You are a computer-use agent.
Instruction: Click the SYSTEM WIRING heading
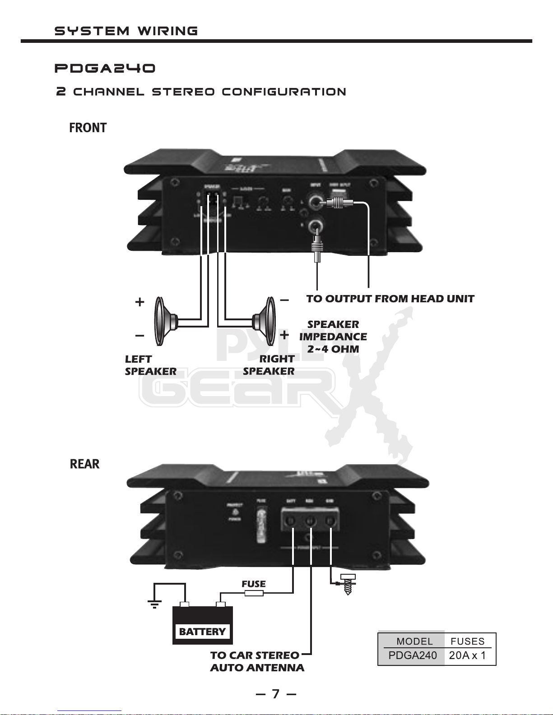pos(126,31)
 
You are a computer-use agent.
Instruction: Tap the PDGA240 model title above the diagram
pos(105,69)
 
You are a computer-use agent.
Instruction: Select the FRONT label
pos(88,128)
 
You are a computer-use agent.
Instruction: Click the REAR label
pos(84,464)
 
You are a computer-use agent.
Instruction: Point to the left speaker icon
pos(165,321)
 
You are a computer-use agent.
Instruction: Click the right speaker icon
pos(265,321)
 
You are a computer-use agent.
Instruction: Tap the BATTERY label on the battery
pos(202,632)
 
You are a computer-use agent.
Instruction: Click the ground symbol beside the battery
pos(154,604)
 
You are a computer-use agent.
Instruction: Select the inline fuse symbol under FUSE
pos(254,594)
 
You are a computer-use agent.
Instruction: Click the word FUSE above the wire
pos(254,584)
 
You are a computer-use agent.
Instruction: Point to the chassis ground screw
pos(348,584)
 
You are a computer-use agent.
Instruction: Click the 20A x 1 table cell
pos(468,655)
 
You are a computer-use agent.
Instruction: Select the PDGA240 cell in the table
pos(413,655)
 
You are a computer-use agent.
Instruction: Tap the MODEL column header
pos(414,641)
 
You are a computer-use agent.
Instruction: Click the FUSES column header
pos(468,641)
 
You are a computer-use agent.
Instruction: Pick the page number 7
pos(276,694)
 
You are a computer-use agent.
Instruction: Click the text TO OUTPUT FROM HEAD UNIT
pos(390,299)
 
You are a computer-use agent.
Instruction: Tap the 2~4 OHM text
pos(333,349)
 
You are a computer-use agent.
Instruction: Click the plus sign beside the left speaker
pos(140,302)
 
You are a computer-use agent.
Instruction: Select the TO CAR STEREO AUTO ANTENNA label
pos(256,661)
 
